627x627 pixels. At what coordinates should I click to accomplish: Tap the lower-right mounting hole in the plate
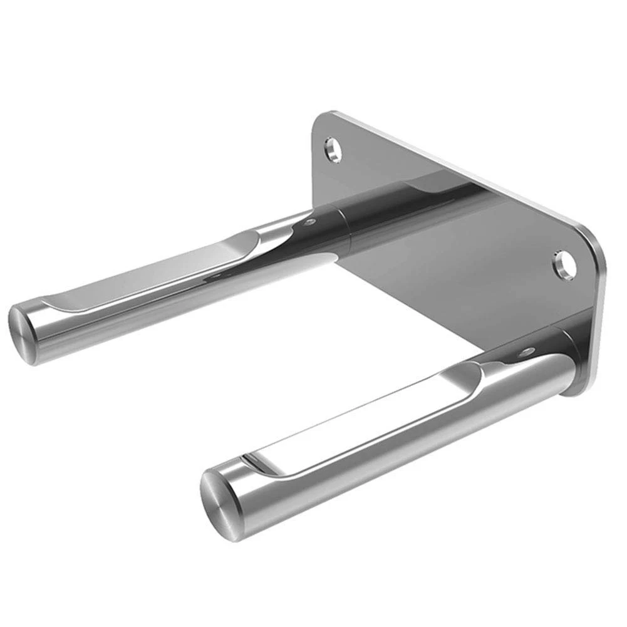point(564,264)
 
